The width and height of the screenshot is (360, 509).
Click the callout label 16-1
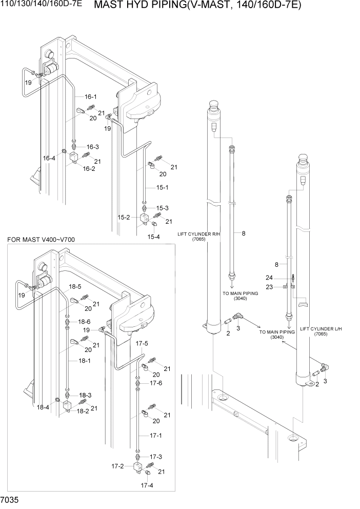[91, 96]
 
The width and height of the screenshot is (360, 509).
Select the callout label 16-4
[49, 158]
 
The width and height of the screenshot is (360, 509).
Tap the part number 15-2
[124, 218]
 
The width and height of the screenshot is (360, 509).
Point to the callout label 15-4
[154, 237]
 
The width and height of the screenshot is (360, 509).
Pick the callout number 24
[283, 278]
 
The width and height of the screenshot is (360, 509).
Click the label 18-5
[76, 286]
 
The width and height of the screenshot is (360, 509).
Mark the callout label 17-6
[156, 383]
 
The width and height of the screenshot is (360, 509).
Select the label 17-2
[117, 466]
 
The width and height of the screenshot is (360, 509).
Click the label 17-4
[147, 485]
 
